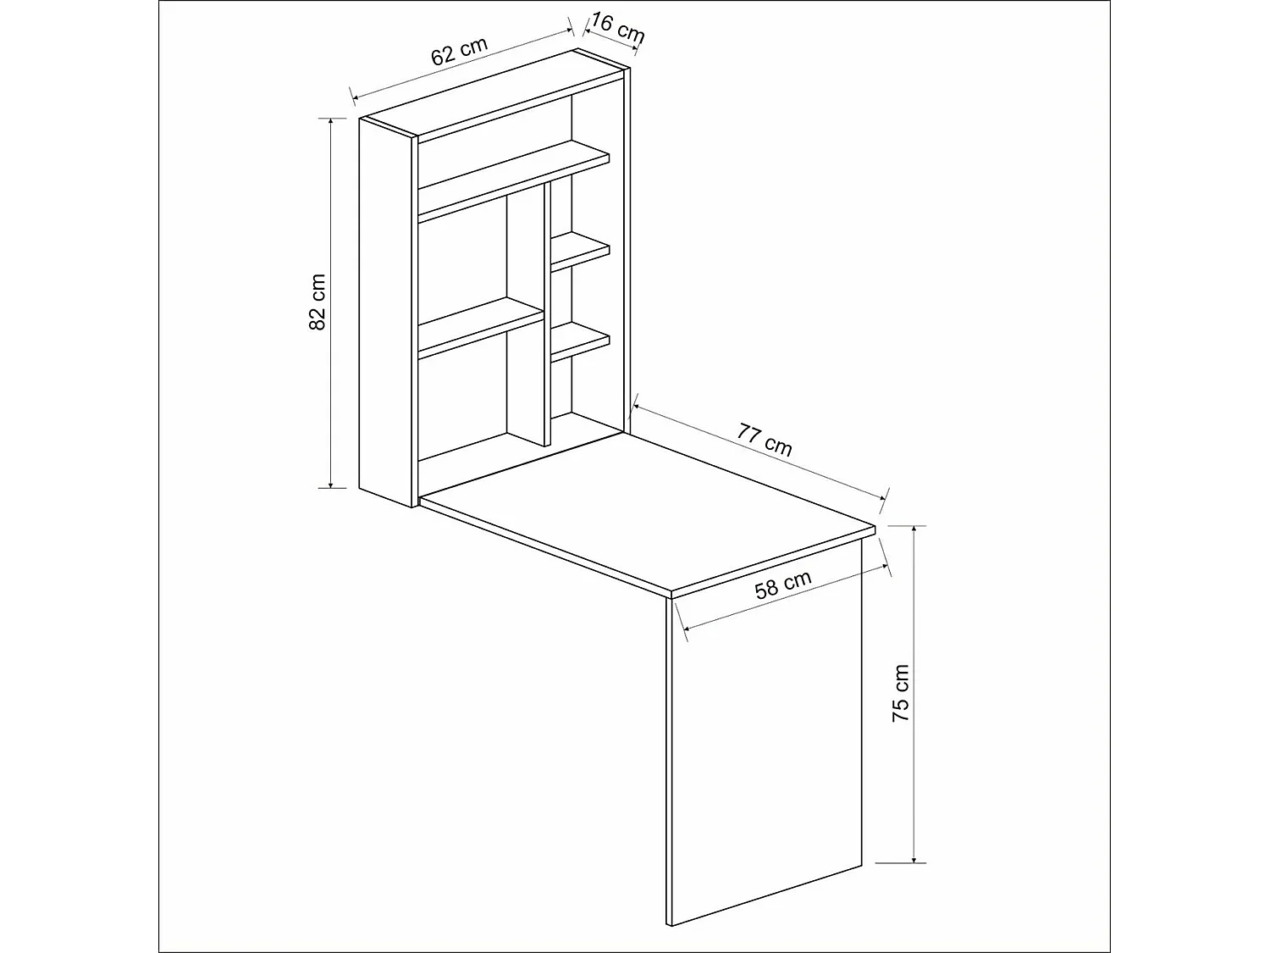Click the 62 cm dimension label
[x=460, y=53]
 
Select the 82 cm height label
[x=317, y=302]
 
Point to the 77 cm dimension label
[x=765, y=440]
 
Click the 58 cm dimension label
[x=783, y=585]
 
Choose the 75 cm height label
[x=901, y=693]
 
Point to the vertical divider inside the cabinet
[x=547, y=313]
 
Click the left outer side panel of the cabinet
[x=385, y=309]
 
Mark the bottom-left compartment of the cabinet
[x=461, y=402]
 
